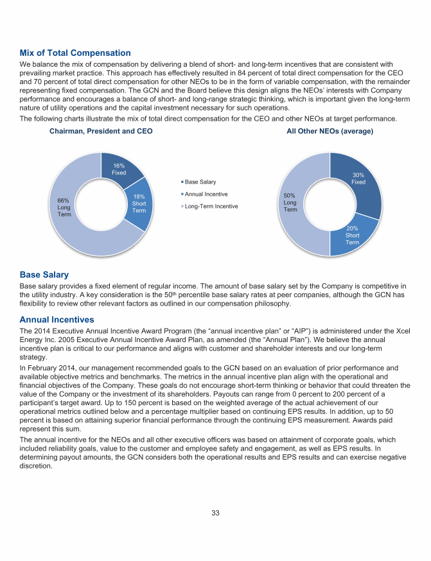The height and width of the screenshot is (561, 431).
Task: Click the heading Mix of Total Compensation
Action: pyautogui.click(x=75, y=53)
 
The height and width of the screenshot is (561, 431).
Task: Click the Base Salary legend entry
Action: pyautogui.click(x=201, y=182)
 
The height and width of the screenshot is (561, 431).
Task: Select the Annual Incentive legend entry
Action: pyautogui.click(x=206, y=194)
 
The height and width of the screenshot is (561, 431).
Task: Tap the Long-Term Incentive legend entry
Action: pyautogui.click(x=211, y=206)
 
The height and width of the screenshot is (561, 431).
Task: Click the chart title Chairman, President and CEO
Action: pyautogui.click(x=101, y=131)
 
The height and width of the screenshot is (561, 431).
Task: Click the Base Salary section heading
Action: pyautogui.click(x=44, y=275)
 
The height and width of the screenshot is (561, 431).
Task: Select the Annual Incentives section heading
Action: pyautogui.click(x=57, y=319)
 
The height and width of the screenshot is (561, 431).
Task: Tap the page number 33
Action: pyautogui.click(x=216, y=512)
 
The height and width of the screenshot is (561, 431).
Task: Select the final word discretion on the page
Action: pyautogui.click(x=38, y=466)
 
